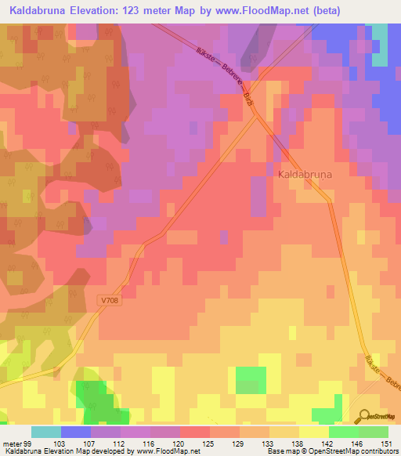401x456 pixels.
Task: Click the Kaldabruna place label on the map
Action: point(306,176)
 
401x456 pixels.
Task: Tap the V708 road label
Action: point(110,299)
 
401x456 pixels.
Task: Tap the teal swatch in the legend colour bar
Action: point(46,432)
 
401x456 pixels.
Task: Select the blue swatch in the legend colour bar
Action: point(76,432)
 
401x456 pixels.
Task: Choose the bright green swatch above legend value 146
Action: point(343,432)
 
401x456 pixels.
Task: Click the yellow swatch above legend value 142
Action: point(313,432)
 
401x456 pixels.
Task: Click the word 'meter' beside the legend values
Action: point(10,443)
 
